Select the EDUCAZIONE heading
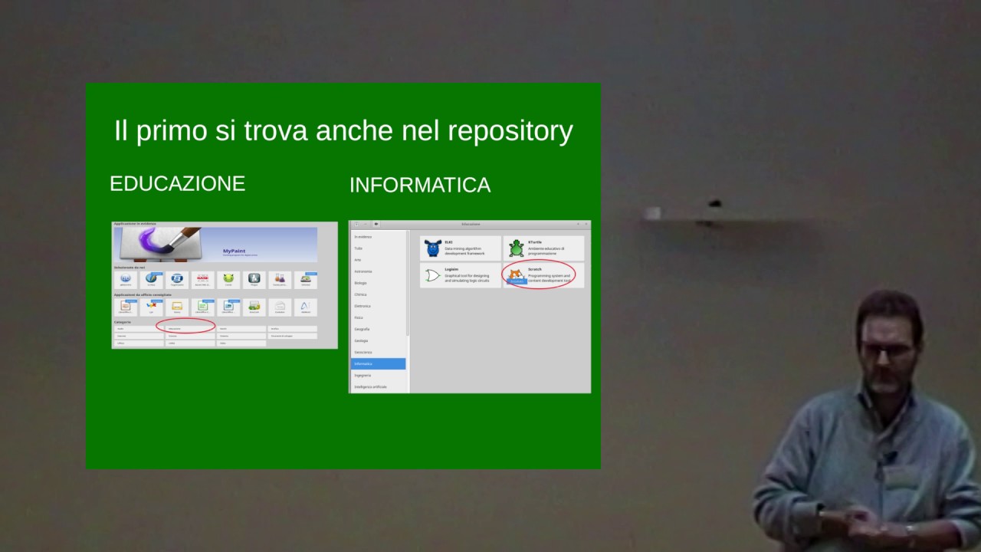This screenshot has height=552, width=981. pos(177,184)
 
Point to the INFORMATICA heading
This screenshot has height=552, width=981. pos(420,185)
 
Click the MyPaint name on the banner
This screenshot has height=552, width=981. pos(234,251)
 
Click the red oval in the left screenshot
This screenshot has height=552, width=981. pos(185,326)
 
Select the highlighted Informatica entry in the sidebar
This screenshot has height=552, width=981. pos(378,363)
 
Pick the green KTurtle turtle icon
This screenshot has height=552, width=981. pos(517,248)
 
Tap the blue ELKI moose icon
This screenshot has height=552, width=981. pos(433,248)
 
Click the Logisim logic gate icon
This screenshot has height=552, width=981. pos(433,275)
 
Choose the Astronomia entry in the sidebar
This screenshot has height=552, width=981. pos(363,271)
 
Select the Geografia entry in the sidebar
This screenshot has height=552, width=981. pos(362,329)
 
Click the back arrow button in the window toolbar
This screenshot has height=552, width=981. pos(376,224)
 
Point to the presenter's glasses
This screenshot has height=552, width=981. pos(887,350)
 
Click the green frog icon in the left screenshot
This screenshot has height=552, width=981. pos(228,279)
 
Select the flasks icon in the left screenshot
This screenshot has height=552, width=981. pos(280,279)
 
